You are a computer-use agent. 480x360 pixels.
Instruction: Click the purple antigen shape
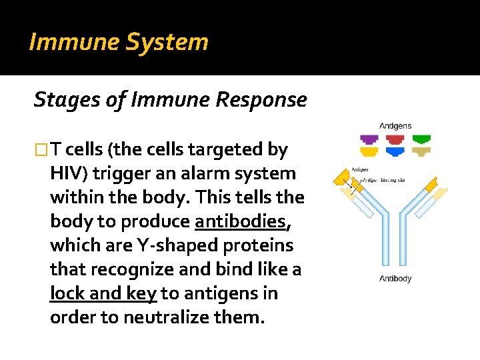[x=369, y=140]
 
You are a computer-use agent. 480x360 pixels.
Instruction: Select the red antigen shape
[x=395, y=140]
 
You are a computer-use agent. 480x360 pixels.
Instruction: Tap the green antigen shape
[x=421, y=140]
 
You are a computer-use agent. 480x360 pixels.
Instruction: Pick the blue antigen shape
[x=395, y=152]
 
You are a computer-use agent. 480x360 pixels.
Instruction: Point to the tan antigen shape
[x=421, y=152]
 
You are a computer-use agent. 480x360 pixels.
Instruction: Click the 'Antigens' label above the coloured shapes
[x=395, y=125]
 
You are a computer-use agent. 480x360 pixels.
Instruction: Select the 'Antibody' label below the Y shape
[x=395, y=278]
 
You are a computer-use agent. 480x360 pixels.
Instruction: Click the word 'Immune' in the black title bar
[x=63, y=42]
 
